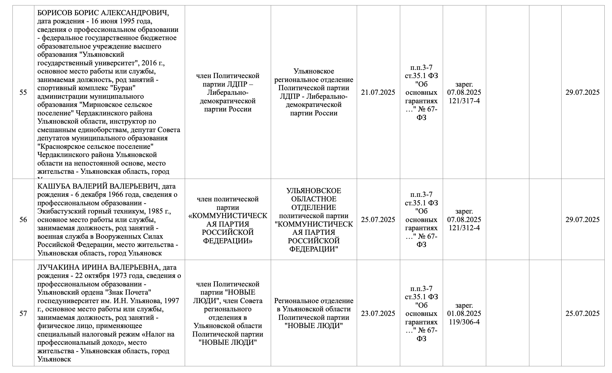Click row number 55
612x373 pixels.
23,93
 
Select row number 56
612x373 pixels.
23,220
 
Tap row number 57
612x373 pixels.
23,313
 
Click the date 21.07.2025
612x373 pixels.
378,93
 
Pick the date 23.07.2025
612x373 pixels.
378,313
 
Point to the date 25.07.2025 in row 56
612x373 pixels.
378,220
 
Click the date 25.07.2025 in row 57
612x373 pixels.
582,313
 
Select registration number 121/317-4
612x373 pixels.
464,101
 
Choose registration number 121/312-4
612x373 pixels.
464,228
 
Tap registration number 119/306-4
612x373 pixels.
464,322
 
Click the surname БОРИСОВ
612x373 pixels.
55,13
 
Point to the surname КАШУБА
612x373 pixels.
53,186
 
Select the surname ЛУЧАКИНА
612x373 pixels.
58,268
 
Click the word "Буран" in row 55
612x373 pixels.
125,88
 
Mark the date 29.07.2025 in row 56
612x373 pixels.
582,220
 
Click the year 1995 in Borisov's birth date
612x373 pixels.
123,22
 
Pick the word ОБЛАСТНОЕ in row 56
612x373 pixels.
314,199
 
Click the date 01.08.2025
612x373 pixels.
464,313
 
